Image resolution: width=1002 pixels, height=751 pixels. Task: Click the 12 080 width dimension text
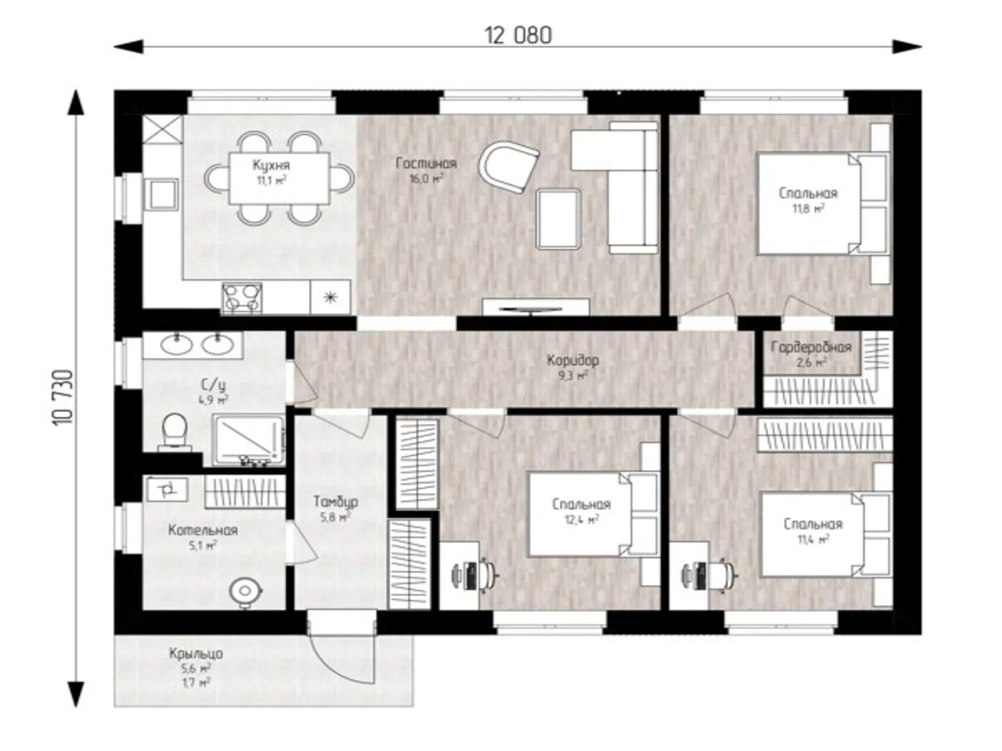518,35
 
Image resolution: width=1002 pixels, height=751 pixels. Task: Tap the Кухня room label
271,165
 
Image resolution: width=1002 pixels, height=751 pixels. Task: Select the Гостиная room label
427,163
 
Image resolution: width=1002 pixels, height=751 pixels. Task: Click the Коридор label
573,361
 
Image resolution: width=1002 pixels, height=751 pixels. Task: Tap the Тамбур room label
335,501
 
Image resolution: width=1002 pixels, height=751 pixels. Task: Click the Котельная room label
203,531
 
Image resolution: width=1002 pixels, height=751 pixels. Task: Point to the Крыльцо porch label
196,654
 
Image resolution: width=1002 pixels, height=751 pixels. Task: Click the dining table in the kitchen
279,178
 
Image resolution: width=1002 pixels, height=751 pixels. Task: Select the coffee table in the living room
559,219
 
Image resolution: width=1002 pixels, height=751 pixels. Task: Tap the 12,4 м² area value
582,520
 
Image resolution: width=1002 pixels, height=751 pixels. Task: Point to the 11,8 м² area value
808,209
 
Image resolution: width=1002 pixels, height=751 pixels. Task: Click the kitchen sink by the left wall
161,195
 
